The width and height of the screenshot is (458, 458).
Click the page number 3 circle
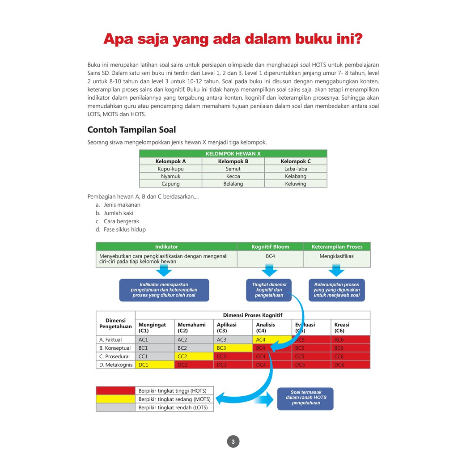[233, 442]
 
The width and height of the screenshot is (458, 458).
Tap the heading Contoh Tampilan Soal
[131, 130]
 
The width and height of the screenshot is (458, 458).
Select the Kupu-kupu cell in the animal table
[170, 169]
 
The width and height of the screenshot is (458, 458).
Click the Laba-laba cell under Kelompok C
[296, 169]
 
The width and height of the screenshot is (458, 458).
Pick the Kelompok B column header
[233, 161]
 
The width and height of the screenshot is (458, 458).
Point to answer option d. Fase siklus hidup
[120, 229]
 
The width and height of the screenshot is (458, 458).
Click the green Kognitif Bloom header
[270, 246]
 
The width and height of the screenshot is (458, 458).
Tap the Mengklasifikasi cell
[337, 256]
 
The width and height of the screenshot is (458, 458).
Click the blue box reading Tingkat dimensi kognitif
[268, 290]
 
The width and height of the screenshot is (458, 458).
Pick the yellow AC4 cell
[272, 339]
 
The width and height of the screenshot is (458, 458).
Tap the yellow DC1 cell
[154, 365]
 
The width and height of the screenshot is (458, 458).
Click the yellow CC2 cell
[193, 356]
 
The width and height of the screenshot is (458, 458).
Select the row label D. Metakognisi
[115, 365]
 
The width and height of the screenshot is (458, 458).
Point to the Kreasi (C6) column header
[350, 327]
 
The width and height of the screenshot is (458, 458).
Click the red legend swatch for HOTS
[115, 390]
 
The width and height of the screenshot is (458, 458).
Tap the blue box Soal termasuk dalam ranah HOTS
[305, 398]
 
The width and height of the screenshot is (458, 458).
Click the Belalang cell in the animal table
[233, 184]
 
